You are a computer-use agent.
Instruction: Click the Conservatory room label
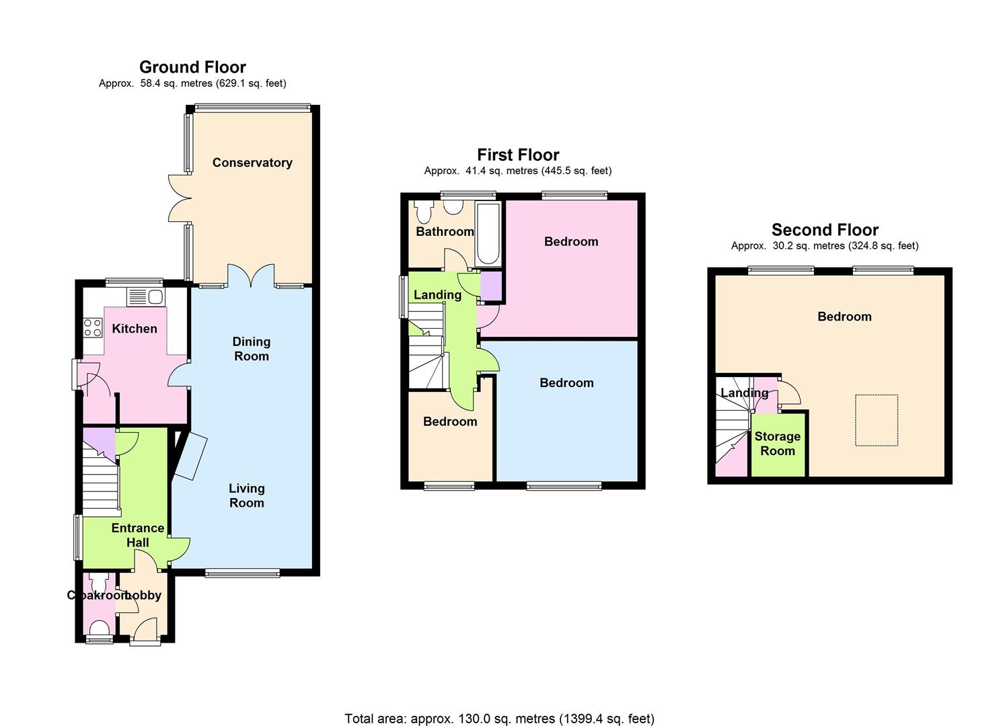(x=252, y=163)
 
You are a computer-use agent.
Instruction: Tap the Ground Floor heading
(x=192, y=67)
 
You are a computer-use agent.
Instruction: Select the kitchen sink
(x=146, y=297)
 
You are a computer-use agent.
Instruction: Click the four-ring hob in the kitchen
(x=93, y=327)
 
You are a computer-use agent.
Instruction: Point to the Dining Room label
(x=252, y=349)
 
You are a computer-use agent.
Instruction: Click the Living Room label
(x=247, y=495)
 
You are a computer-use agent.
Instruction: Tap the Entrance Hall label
(x=138, y=535)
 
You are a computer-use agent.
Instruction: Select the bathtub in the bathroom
(x=488, y=234)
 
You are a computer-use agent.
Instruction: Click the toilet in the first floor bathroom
(x=423, y=211)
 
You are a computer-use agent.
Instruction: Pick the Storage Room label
(x=778, y=444)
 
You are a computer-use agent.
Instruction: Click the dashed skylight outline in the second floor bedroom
(x=877, y=420)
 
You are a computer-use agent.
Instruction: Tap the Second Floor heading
(x=825, y=230)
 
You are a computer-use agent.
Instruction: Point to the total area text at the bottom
(x=499, y=707)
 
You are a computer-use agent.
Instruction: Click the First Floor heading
(x=518, y=155)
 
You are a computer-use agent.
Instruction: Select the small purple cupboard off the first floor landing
(x=490, y=286)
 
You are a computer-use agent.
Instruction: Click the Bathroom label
(x=445, y=232)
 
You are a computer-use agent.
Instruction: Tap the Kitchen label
(x=135, y=329)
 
